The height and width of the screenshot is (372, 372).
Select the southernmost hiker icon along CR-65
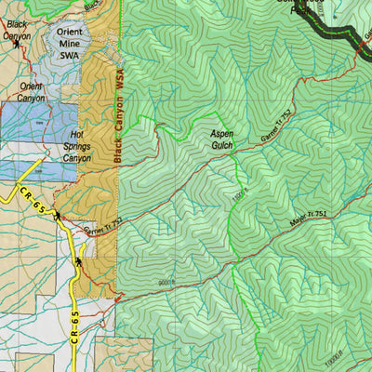[x=79, y=262]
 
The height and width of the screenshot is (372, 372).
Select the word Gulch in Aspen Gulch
[x=219, y=147]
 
